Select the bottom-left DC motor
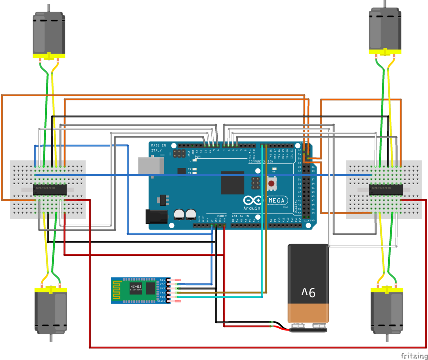[x=51, y=311]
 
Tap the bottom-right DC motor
[x=387, y=311]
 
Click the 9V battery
[x=308, y=284]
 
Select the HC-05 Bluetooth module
[x=140, y=290]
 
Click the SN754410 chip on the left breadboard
[x=49, y=190]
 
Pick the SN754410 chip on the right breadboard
[x=386, y=190]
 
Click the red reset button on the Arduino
[x=272, y=184]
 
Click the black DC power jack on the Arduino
[x=156, y=216]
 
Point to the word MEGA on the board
[x=277, y=201]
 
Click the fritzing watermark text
[x=414, y=355]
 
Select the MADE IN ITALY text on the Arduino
[x=158, y=148]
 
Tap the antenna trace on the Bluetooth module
[x=116, y=290]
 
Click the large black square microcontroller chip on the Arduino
[x=232, y=183]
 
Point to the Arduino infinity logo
[x=253, y=200]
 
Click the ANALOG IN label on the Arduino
[x=240, y=216]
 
